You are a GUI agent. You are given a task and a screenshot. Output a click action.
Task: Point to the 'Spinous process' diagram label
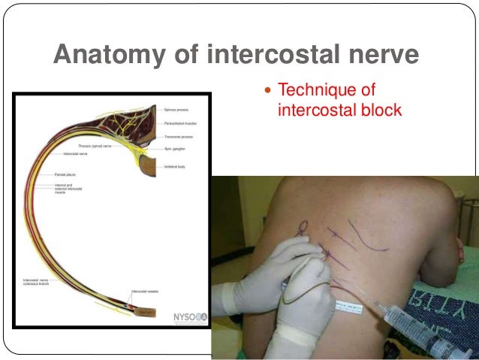(177, 109)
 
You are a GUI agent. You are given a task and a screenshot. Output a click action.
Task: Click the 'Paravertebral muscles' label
(180, 124)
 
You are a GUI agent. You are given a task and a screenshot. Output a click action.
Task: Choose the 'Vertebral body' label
(176, 165)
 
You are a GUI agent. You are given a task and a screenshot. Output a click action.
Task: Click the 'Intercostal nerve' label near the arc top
(77, 153)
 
